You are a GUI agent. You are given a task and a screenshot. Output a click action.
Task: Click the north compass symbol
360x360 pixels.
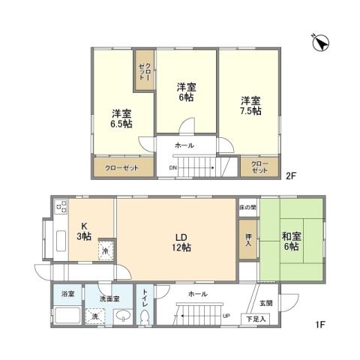[x=320, y=43]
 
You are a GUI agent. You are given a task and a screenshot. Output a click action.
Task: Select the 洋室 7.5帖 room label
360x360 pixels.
[x=250, y=106]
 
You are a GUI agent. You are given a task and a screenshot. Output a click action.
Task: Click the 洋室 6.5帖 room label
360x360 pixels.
[x=123, y=119]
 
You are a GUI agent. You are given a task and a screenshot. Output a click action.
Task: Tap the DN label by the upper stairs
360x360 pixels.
[x=172, y=167]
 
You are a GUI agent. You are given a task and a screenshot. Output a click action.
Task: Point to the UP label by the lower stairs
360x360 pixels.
[x=226, y=315]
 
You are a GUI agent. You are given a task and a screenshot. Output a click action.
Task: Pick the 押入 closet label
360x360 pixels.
[x=248, y=239]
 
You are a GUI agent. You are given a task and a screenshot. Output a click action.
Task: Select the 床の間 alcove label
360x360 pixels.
[x=247, y=206]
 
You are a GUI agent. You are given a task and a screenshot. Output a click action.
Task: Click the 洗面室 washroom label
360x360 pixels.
[x=110, y=299]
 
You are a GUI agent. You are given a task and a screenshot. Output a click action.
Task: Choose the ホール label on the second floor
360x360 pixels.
[x=184, y=145]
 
